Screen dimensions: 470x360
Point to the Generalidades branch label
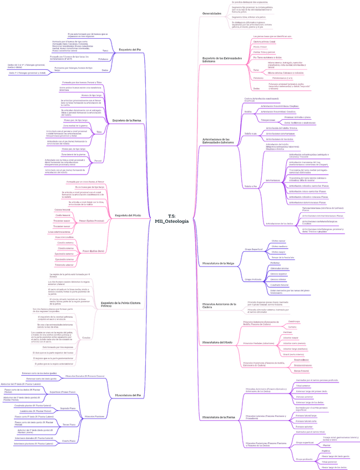pos(212,13)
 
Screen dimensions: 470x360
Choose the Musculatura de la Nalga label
pos(219,263)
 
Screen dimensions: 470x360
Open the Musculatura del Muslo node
pos(217,342)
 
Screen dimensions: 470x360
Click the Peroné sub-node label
pos(98,161)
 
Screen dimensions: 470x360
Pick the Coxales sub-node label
pos(86,338)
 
